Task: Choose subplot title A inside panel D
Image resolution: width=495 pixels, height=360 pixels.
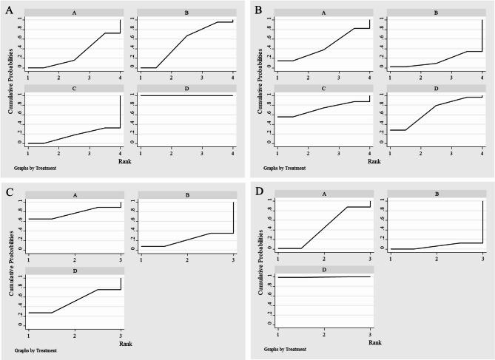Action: click(x=323, y=194)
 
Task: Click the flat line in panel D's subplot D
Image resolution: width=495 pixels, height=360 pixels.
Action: click(x=323, y=276)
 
